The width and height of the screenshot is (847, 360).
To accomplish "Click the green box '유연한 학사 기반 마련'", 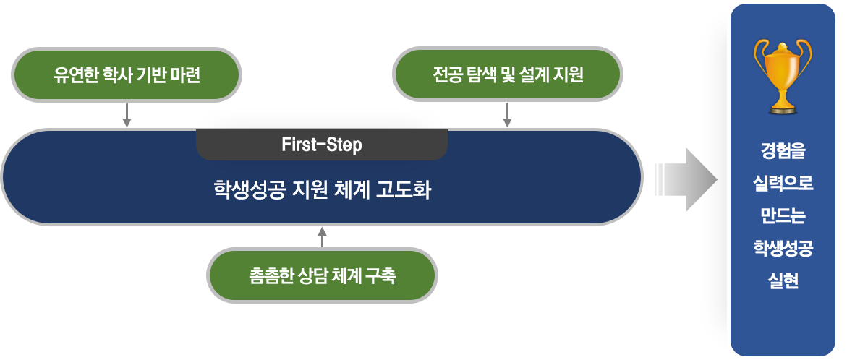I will coord(127,74).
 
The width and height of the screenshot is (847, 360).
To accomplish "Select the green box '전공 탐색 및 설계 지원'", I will coord(507,74).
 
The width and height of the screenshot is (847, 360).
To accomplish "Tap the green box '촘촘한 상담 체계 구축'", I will coord(323,275).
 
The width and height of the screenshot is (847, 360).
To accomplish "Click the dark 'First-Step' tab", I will coord(322,144).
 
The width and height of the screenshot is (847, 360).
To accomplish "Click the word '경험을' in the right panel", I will coord(782,153).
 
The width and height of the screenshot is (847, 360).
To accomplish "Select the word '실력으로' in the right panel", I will coord(782,184).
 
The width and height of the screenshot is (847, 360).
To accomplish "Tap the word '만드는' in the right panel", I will coord(782,216).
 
